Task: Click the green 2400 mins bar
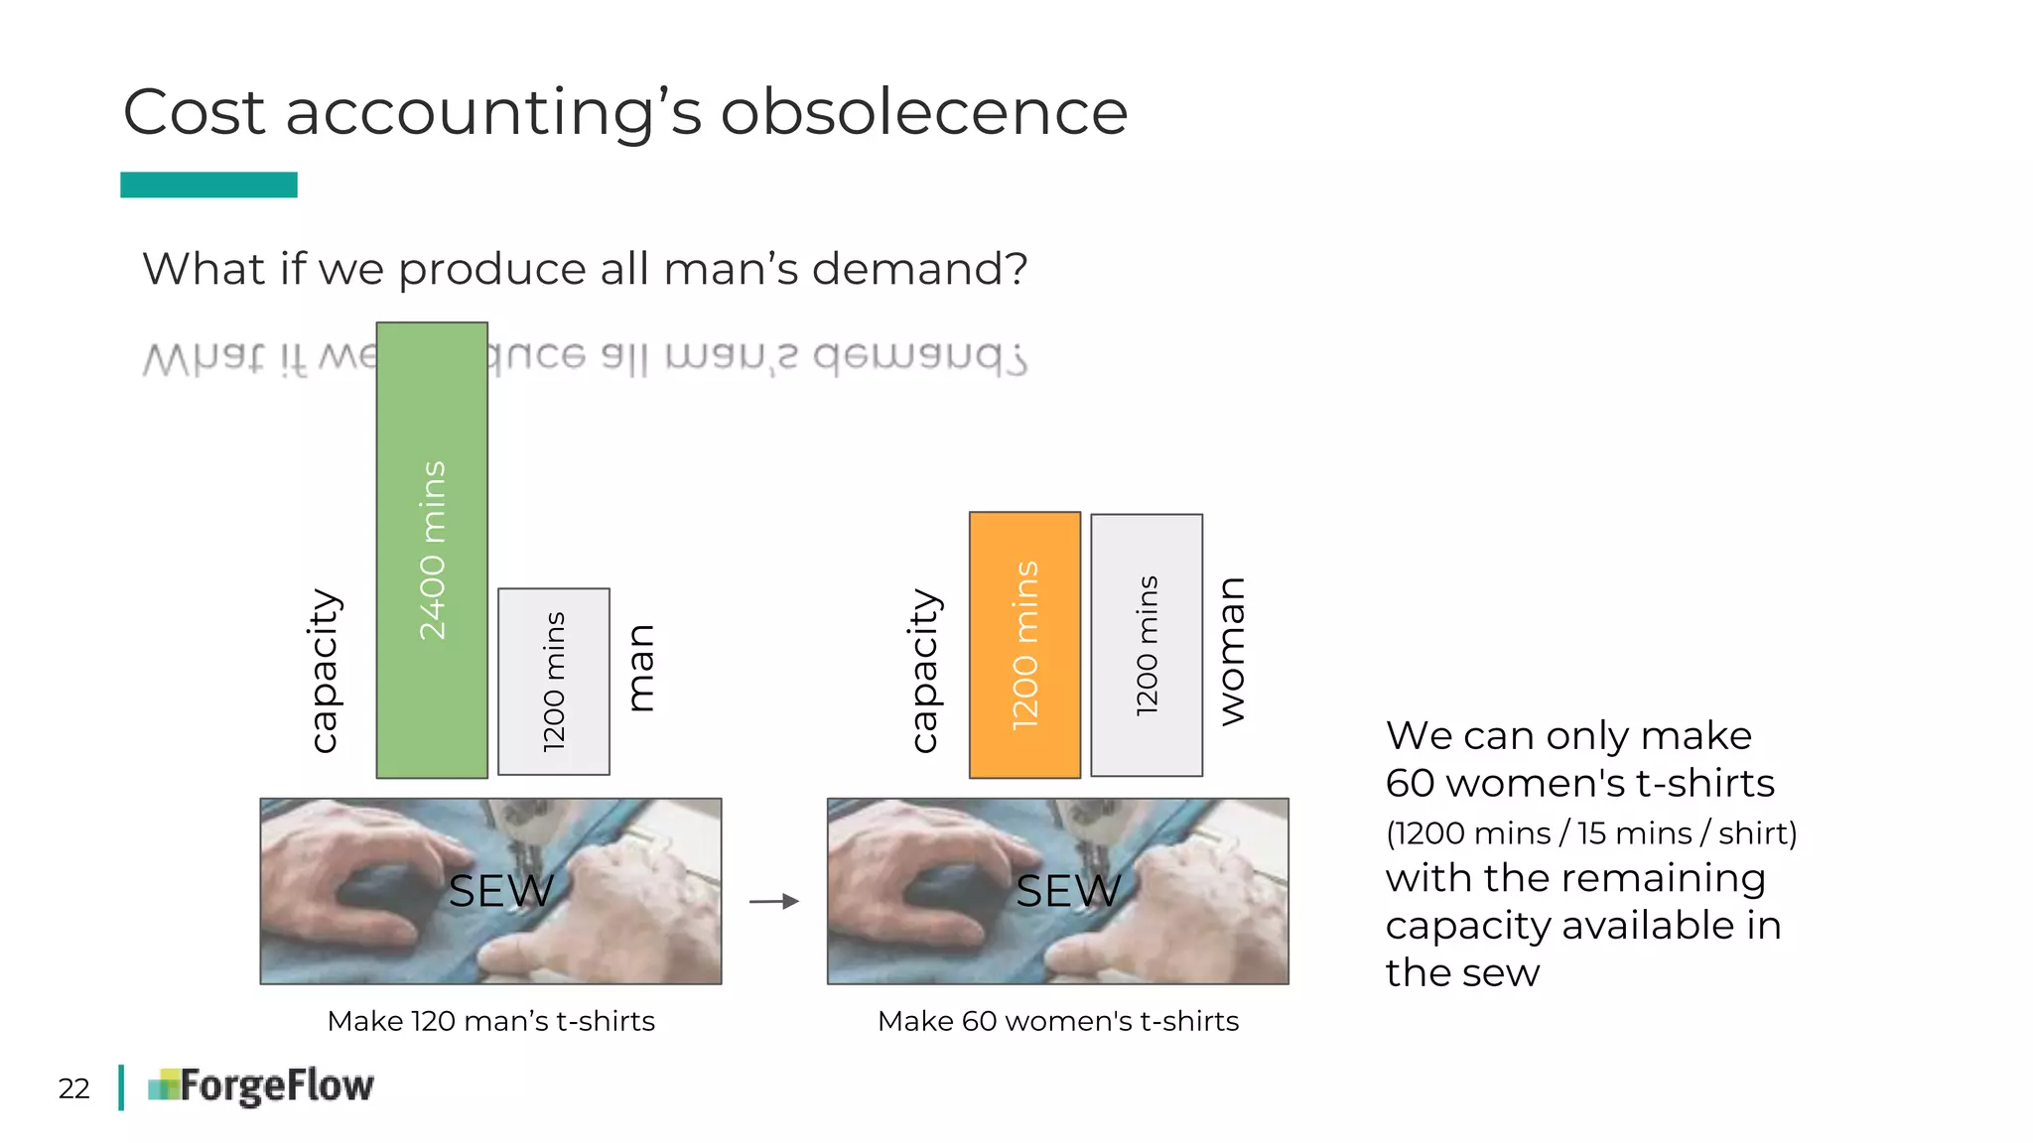432,550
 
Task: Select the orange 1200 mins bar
1024,645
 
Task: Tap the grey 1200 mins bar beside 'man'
554,682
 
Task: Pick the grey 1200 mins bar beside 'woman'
1147,645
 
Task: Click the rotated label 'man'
641,668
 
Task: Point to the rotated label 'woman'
1232,651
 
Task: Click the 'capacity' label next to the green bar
324,671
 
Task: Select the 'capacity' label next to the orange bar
923,671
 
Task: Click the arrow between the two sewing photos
774,901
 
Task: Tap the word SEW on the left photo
501,891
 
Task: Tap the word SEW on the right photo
1068,891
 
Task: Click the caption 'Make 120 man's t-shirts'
491,1021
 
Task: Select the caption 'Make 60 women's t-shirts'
1058,1021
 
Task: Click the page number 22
74,1088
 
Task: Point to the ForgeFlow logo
261,1086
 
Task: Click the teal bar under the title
208,185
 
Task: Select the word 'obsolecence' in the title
923,111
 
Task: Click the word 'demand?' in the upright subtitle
919,269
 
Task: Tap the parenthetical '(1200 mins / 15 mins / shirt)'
1591,832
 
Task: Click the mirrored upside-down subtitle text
754,357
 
